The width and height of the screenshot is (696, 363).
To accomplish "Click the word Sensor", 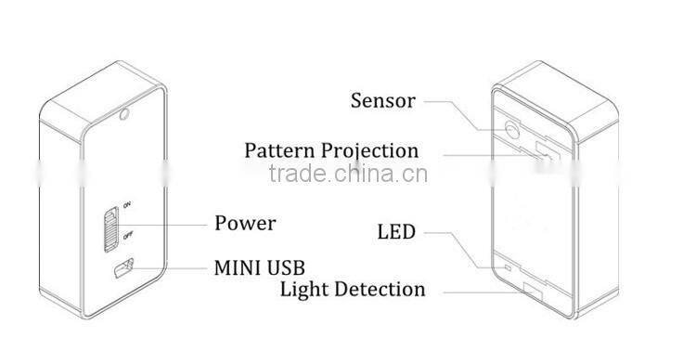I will coord(382,100).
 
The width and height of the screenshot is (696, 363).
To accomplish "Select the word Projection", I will coord(371,150).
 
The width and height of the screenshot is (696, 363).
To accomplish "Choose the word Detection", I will coord(380,290).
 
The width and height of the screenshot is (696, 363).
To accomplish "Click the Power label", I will coord(245,223).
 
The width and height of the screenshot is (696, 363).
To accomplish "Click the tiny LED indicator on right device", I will coord(506,268).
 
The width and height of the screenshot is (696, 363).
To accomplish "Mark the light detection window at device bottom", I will coord(531,289).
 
